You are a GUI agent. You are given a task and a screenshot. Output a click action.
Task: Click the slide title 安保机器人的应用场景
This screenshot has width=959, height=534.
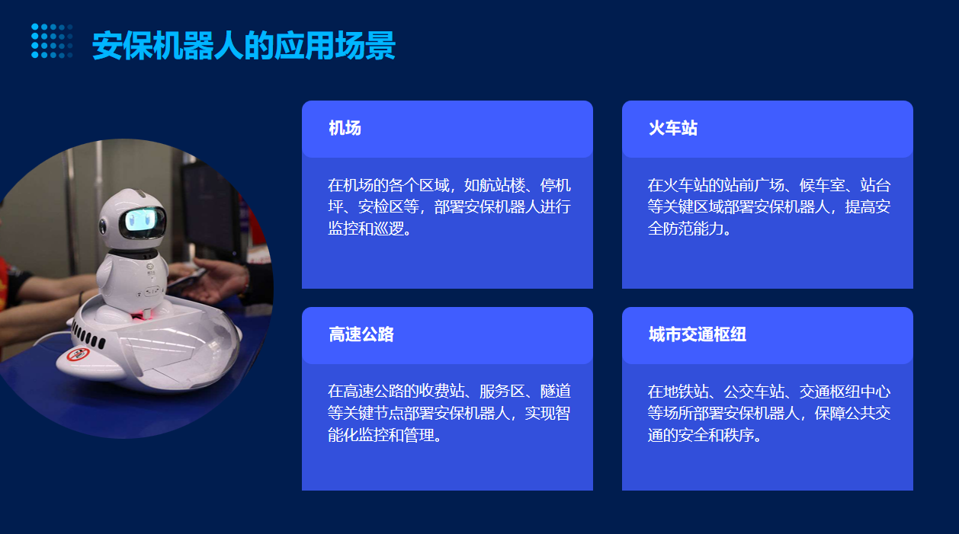tap(244, 45)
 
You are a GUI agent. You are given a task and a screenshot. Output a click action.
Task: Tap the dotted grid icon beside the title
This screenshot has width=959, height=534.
tap(52, 41)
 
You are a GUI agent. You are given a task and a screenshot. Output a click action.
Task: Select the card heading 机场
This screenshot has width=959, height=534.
tap(345, 128)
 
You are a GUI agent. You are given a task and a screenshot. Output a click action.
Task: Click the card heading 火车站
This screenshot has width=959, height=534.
tap(672, 128)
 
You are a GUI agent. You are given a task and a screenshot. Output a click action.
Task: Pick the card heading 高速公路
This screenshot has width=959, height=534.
tap(361, 334)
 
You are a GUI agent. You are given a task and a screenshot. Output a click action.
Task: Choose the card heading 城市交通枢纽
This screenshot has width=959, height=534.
tap(697, 334)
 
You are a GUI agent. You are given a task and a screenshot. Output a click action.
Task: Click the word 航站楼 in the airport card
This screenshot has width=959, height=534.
tap(502, 185)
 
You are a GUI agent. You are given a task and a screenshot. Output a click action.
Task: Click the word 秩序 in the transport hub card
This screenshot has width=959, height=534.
tap(739, 435)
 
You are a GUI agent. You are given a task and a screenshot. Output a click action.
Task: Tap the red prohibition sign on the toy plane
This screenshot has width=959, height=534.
tap(78, 355)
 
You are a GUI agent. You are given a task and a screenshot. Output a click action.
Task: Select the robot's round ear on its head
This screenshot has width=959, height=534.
tap(103, 227)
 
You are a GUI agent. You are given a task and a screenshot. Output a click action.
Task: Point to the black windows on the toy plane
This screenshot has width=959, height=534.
tap(88, 335)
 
